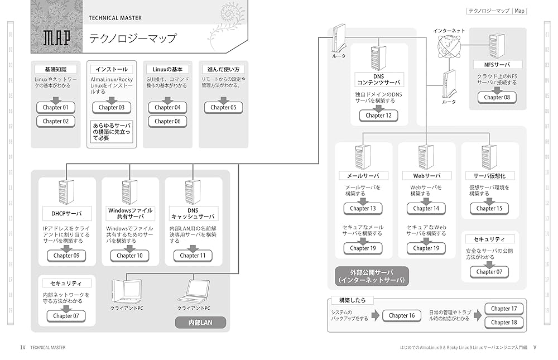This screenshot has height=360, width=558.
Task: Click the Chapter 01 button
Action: (x=56, y=107)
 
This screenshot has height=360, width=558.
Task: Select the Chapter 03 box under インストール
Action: (x=112, y=107)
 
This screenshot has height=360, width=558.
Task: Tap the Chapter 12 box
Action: (x=379, y=116)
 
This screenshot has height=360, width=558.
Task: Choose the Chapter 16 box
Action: (x=402, y=315)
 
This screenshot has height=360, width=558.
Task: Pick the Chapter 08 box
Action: (x=497, y=97)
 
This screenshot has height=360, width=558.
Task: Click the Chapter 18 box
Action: (x=504, y=322)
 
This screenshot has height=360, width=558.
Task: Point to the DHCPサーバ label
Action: (x=62, y=213)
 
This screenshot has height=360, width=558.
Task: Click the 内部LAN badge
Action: (x=200, y=322)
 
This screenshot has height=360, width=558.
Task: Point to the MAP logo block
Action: (x=56, y=37)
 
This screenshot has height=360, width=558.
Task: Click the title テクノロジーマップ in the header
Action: (x=132, y=39)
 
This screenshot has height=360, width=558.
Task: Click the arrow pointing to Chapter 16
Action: (x=373, y=316)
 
